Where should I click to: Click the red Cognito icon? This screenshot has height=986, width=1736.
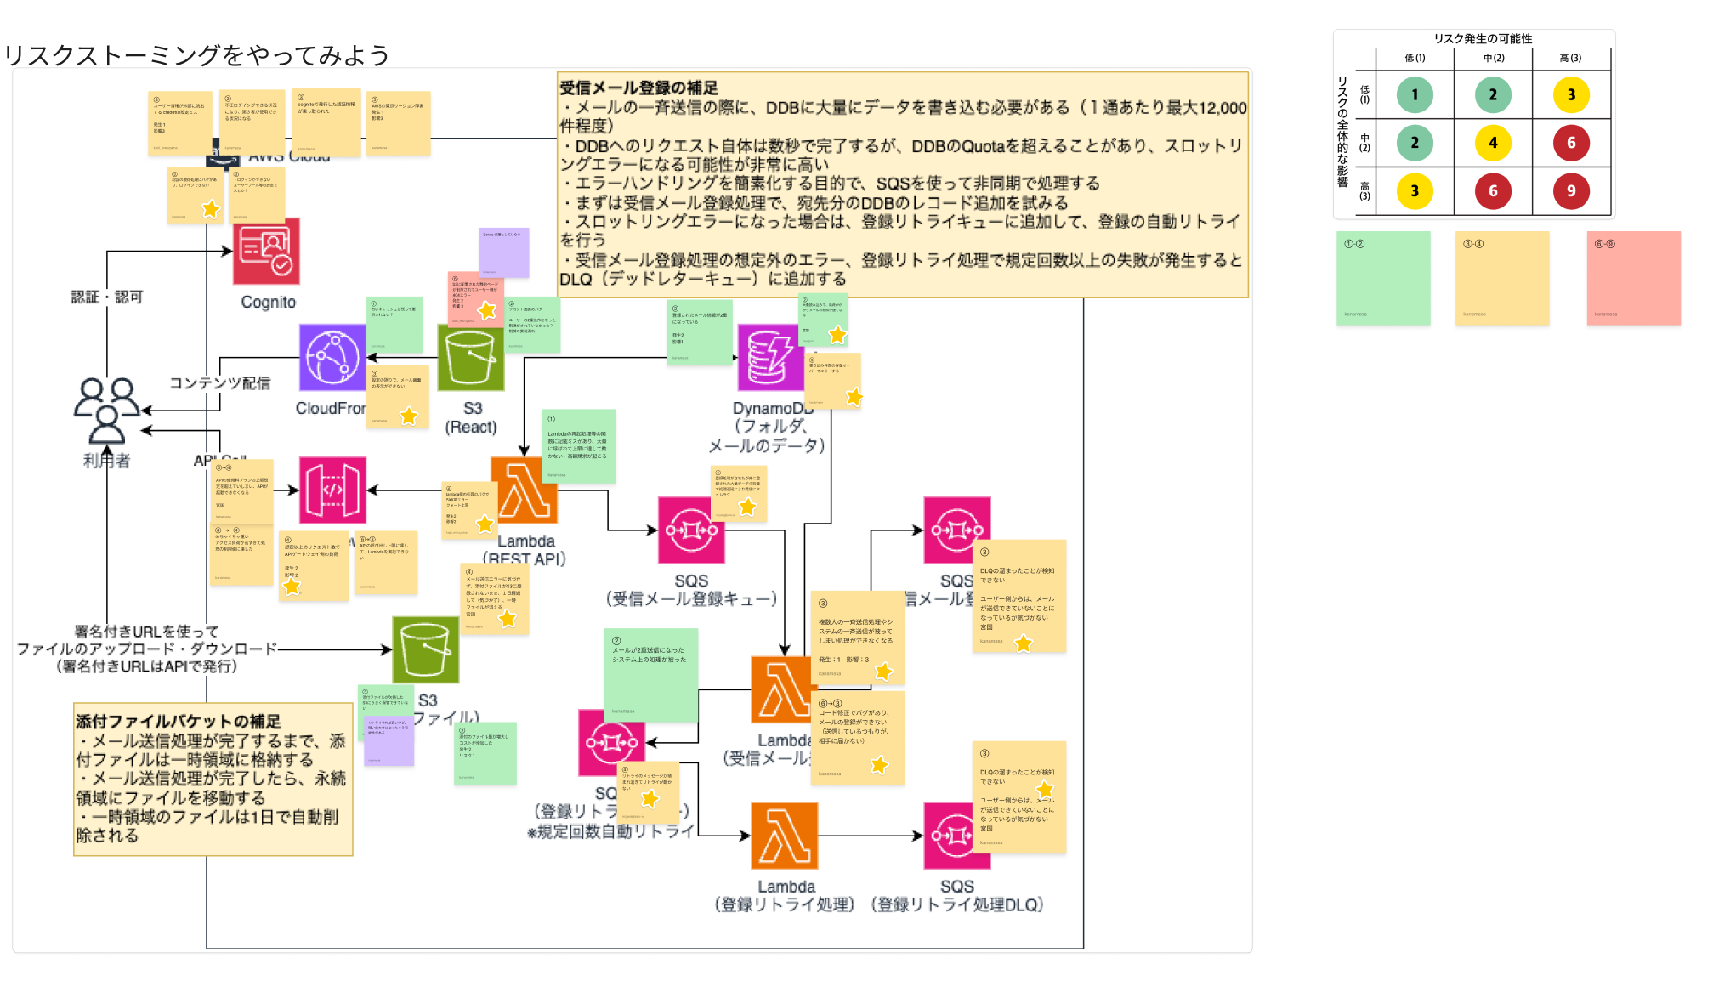(266, 252)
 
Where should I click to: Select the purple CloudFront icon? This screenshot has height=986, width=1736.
(332, 358)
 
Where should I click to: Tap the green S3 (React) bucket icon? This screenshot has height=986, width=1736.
(471, 359)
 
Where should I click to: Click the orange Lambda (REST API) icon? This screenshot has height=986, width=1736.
(525, 491)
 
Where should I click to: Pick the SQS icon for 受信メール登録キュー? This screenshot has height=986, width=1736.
(691, 530)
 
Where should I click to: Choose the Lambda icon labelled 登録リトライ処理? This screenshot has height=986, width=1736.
(784, 836)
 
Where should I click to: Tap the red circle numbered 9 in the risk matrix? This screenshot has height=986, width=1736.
(1571, 191)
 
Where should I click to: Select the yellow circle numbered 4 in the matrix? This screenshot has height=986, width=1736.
(1493, 143)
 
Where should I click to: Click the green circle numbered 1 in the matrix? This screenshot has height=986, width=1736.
(1415, 95)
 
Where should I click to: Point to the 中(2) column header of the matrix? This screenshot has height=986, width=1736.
(1493, 58)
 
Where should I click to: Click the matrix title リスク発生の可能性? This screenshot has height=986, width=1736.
(1483, 38)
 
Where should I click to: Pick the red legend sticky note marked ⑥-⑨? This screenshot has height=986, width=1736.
(1634, 278)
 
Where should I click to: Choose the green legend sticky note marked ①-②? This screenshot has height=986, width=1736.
(1383, 278)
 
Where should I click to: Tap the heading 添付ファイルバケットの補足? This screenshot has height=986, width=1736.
(178, 722)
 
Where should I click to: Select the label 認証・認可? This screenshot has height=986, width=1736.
(107, 297)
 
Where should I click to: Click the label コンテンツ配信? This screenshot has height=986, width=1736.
(220, 383)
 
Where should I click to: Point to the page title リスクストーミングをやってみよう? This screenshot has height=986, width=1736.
(196, 55)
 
